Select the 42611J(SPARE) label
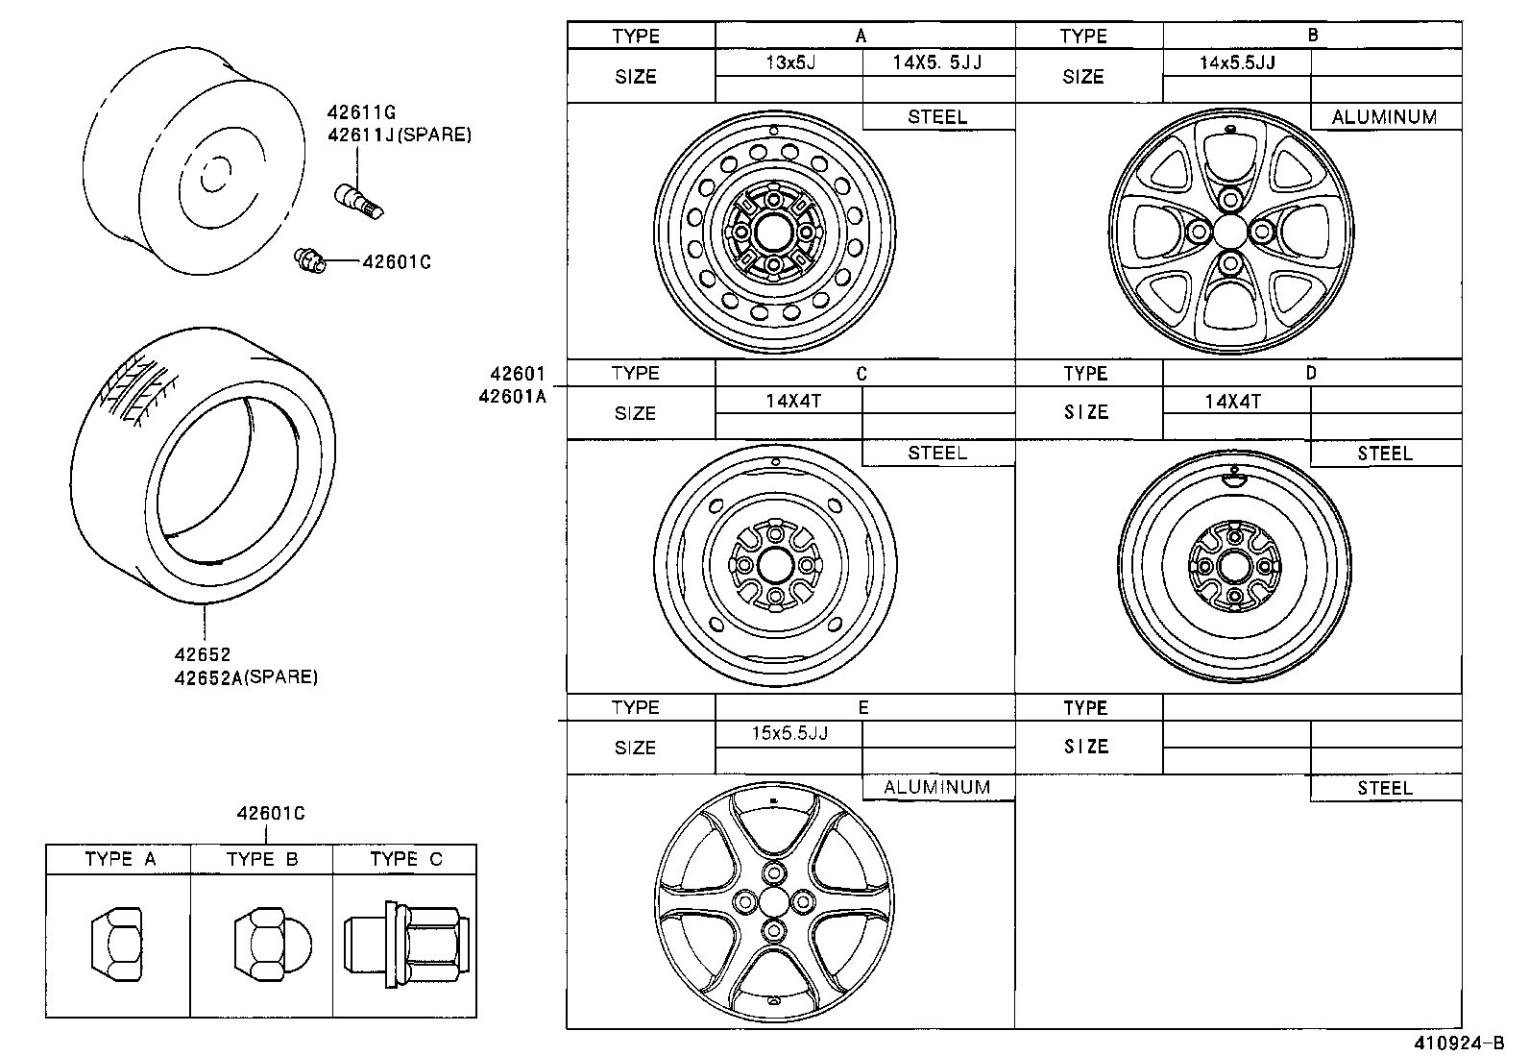point(399,135)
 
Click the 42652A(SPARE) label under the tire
point(245,677)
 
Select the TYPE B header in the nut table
point(262,859)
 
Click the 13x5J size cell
point(789,63)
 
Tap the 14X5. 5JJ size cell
point(938,63)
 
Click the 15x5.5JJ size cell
point(789,733)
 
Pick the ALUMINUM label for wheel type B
point(1384,117)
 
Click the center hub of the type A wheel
point(774,233)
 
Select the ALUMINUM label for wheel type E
point(936,787)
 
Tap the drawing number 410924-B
point(1457,1043)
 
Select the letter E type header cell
point(863,708)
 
